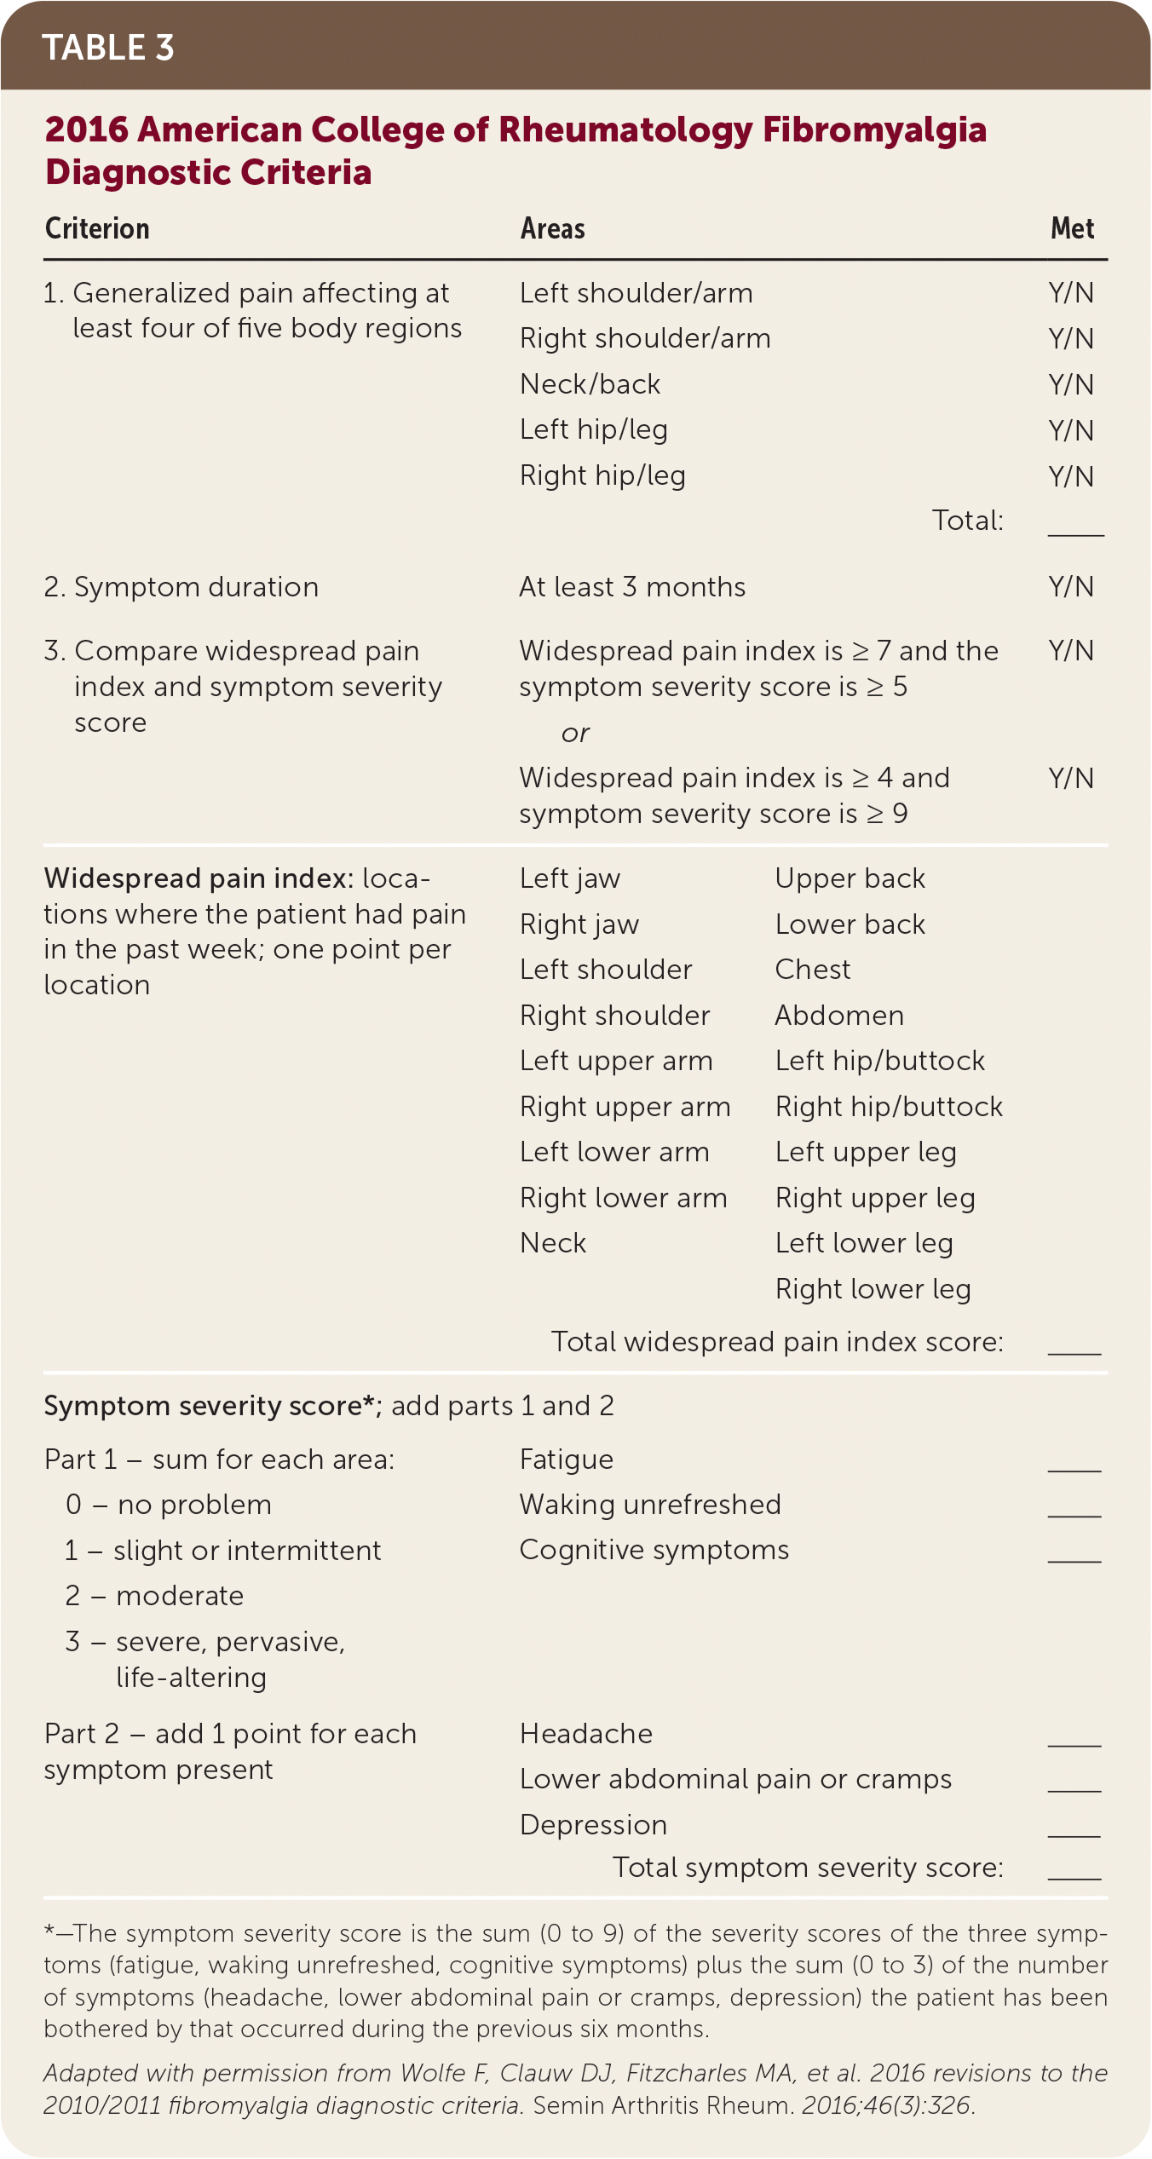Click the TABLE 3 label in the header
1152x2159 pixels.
[108, 48]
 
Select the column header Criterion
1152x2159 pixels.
[97, 228]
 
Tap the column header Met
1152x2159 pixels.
[1072, 228]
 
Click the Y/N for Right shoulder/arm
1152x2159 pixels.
[1071, 339]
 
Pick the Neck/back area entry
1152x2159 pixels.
[590, 384]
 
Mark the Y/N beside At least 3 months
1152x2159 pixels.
[1071, 587]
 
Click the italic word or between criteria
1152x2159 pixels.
[575, 733]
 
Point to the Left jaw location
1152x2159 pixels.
[570, 878]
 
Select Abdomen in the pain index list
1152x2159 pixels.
[839, 1016]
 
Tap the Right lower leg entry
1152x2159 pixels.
[873, 1289]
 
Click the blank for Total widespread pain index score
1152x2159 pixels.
[1074, 1347]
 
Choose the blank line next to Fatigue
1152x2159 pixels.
[1074, 1464]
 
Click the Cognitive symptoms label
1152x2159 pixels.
[654, 1550]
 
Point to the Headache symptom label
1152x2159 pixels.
[586, 1734]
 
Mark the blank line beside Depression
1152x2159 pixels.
[1074, 1829]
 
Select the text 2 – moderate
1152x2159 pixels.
[154, 1596]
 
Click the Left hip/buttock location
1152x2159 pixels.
[879, 1061]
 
